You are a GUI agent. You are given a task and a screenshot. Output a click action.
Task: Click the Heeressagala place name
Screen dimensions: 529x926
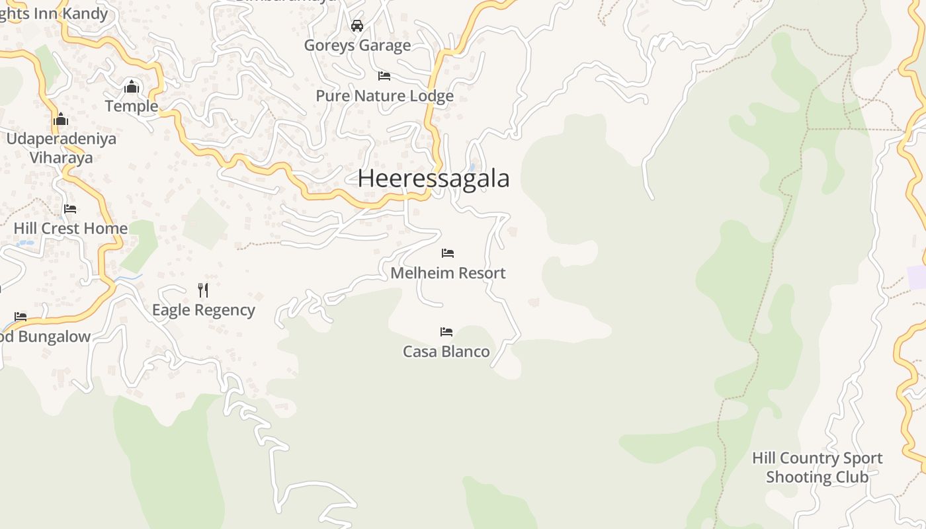click(x=434, y=179)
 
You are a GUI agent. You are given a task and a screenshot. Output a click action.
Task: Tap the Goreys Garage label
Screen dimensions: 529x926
click(x=357, y=46)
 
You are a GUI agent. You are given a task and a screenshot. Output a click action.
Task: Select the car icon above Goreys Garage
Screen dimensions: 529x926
click(x=357, y=26)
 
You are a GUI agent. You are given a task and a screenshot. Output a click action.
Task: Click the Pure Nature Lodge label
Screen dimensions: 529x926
click(x=384, y=96)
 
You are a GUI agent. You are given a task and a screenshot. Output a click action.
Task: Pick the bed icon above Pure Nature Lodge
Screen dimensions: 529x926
click(x=384, y=76)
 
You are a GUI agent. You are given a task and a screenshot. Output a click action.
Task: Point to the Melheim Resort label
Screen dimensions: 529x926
click(x=448, y=273)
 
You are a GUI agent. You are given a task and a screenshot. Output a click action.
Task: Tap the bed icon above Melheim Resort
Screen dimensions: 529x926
click(x=448, y=253)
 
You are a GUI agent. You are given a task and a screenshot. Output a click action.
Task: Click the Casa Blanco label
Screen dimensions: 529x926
click(x=446, y=352)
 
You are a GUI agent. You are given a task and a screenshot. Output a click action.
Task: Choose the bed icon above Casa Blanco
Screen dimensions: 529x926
click(x=446, y=332)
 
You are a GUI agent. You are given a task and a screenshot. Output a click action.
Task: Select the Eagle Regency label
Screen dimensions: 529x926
click(x=203, y=310)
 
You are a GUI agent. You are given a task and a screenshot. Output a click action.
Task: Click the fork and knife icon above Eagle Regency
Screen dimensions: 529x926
click(x=203, y=290)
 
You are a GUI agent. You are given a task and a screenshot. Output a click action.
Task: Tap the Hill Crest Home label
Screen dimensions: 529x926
click(x=71, y=229)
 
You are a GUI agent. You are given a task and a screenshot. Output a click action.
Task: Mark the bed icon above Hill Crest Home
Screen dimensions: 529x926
click(x=70, y=209)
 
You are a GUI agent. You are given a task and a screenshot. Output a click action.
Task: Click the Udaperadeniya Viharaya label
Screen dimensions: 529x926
click(x=61, y=148)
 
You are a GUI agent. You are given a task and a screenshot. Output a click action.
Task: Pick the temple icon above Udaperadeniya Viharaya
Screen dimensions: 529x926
click(x=61, y=119)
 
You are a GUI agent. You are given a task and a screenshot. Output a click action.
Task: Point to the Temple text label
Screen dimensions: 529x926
click(x=132, y=106)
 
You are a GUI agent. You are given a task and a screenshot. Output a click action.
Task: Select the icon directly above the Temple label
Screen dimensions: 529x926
click(x=132, y=87)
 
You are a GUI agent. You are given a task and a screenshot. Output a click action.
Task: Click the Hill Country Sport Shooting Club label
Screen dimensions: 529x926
click(x=817, y=468)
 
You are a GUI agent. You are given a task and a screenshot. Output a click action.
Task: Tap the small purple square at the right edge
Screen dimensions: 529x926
click(x=917, y=277)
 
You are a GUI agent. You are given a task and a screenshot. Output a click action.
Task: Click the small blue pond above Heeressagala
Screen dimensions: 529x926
click(x=472, y=167)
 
